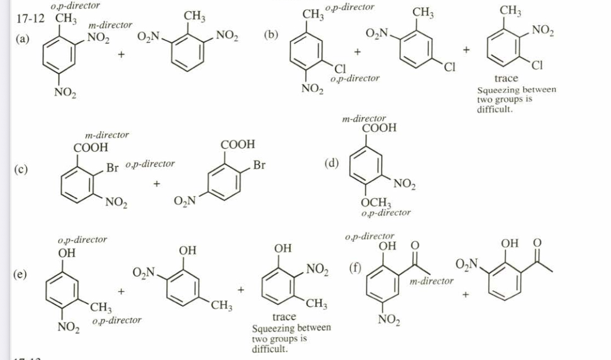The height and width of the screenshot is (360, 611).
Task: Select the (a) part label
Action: tap(24, 39)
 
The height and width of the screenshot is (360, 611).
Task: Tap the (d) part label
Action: tap(333, 163)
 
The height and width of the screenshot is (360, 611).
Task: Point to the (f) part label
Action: tap(356, 267)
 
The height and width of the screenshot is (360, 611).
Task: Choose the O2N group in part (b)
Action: tap(377, 35)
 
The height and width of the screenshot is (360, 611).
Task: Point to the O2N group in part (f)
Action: tap(466, 263)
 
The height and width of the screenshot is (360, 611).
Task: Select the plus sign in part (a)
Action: tap(120, 55)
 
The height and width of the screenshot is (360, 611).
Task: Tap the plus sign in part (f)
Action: tap(466, 294)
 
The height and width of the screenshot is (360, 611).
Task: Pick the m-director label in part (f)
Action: tap(432, 281)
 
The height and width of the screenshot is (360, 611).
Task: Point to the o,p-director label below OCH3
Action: tap(386, 213)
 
